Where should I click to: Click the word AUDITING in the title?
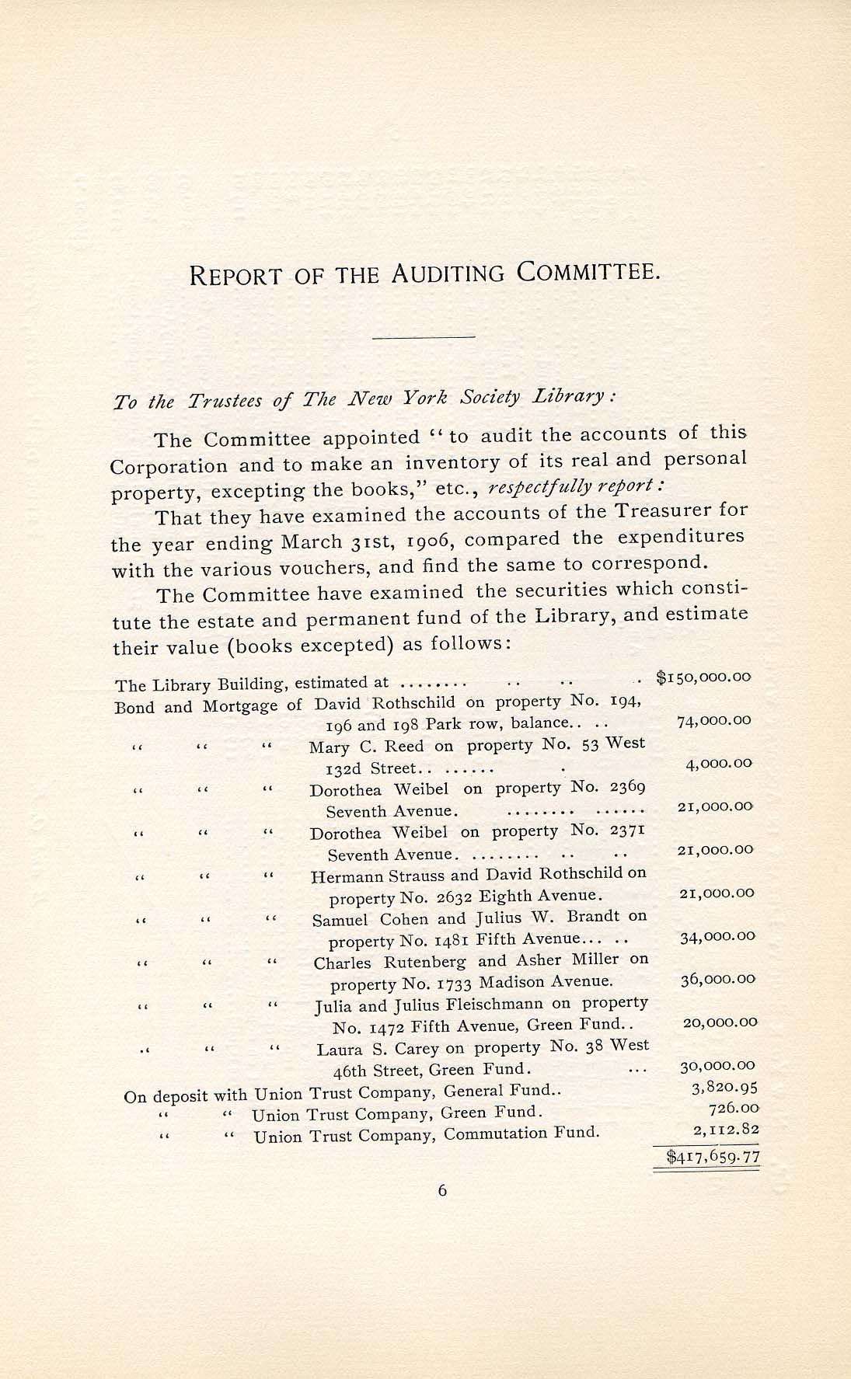(x=449, y=273)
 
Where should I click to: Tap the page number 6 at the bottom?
(x=442, y=1190)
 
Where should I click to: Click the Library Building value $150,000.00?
(x=703, y=677)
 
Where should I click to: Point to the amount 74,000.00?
(x=714, y=720)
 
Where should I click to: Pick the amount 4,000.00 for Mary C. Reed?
(x=718, y=764)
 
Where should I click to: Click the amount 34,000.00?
(x=717, y=937)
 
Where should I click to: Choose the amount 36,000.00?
(x=717, y=980)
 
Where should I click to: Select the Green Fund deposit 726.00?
(x=734, y=1109)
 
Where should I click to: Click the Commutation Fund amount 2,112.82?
(x=724, y=1130)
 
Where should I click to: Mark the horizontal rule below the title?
(x=424, y=337)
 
